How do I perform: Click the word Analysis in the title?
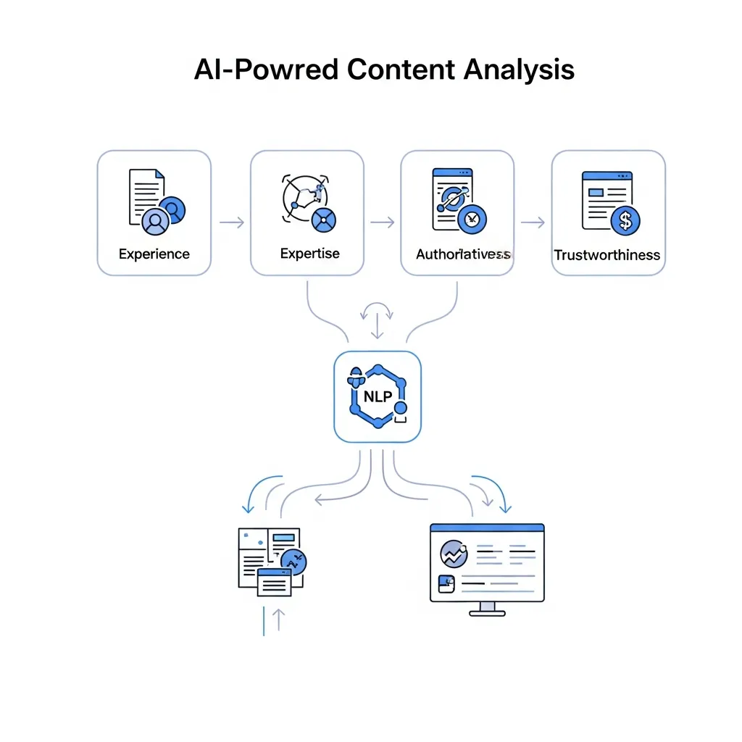tap(519, 70)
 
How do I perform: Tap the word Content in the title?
tap(401, 70)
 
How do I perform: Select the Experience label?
tap(154, 254)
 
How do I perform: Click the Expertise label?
tap(309, 254)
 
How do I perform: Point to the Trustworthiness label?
tap(607, 255)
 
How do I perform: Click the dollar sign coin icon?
tap(625, 220)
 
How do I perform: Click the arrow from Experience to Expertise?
tap(231, 222)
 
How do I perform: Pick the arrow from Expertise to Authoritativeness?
tap(383, 222)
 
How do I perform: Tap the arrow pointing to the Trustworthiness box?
tap(533, 222)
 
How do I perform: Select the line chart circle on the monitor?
tap(454, 555)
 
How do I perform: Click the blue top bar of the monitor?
tap(487, 528)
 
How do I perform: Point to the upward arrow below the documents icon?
tap(278, 620)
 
